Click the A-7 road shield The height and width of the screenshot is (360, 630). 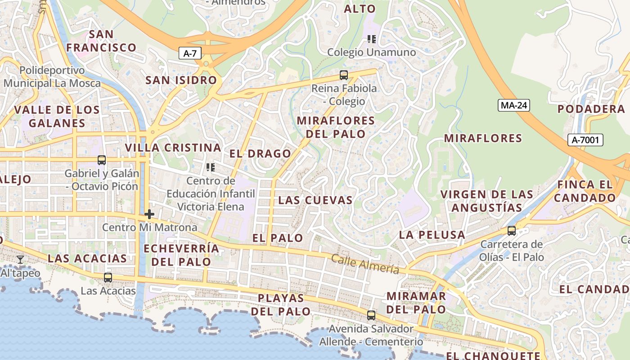pos(190,54)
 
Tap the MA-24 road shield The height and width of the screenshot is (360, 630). pos(513,105)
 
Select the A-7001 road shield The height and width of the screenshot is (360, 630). pos(585,140)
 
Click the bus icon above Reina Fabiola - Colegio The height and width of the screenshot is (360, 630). pos(344,75)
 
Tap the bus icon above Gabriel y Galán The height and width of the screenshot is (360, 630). pos(102,160)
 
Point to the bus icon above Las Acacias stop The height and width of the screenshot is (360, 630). pos(108,278)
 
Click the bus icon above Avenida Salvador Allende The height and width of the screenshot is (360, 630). pos(371,315)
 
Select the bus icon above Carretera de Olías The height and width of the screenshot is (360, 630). pos(512,231)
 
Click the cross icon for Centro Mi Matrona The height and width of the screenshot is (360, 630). pos(149,214)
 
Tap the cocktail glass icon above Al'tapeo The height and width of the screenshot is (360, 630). pos(20,260)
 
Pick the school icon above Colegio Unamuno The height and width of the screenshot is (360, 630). pos(372,39)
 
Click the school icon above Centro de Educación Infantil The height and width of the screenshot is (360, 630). pos(211,168)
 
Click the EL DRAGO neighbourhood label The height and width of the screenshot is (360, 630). pos(260,153)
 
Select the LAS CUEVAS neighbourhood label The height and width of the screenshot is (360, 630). pos(315,200)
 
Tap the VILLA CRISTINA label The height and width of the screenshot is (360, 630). pos(173,148)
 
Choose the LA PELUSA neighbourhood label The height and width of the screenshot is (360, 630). pos(432,234)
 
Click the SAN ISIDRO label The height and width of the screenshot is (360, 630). pos(181,80)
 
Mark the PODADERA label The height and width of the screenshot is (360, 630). pos(591,109)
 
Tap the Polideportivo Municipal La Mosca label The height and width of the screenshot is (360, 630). pos(52,77)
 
